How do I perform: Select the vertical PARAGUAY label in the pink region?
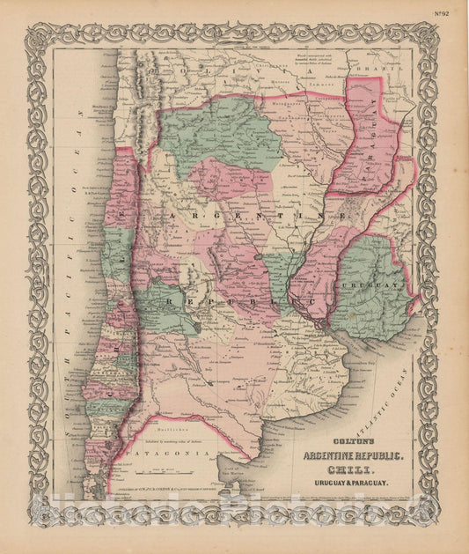(x=367, y=132)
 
